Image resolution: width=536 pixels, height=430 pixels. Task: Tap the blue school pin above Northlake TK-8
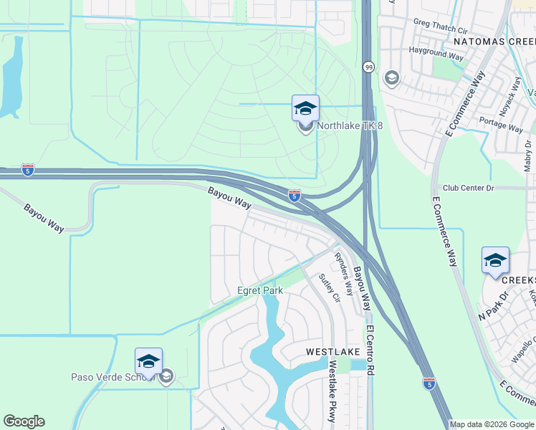(305, 109)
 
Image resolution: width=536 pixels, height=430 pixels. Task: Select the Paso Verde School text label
(115, 377)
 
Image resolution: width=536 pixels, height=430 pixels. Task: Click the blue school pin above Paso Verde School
(148, 362)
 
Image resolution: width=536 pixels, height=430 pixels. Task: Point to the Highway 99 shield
(368, 67)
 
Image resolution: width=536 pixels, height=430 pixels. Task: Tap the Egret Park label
(260, 290)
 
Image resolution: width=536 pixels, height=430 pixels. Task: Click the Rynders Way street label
(345, 273)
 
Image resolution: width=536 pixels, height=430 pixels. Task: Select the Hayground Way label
(436, 52)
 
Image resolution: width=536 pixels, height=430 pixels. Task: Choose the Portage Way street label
(501, 123)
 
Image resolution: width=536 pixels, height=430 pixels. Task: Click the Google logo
(24, 421)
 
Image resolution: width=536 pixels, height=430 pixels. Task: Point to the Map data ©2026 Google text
(492, 424)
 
